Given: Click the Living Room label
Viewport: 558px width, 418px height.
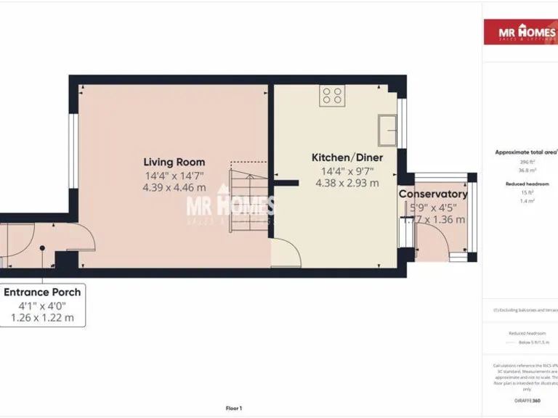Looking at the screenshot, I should pyautogui.click(x=174, y=162).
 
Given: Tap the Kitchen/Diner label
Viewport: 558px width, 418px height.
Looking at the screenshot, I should pyautogui.click(x=347, y=157).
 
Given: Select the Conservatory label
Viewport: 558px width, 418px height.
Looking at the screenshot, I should pyautogui.click(x=432, y=194).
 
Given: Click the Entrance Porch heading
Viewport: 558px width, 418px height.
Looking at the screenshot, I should pyautogui.click(x=42, y=292).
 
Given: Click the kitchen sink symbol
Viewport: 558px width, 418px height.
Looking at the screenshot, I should pyautogui.click(x=387, y=130).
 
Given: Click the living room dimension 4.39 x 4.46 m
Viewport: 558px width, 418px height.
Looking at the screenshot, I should pyautogui.click(x=174, y=187).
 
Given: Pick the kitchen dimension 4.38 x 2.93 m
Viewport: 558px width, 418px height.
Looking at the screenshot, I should pyautogui.click(x=347, y=183).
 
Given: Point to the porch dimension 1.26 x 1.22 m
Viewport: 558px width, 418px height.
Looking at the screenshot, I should pyautogui.click(x=42, y=317).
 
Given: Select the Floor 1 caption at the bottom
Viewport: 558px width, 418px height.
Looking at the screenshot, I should pyautogui.click(x=234, y=409).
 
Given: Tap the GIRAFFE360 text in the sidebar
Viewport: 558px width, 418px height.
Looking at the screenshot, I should pyautogui.click(x=527, y=401).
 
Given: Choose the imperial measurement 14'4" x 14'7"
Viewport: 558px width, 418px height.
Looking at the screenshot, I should pyautogui.click(x=174, y=175).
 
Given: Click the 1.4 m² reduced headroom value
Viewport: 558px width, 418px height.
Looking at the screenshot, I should pyautogui.click(x=527, y=200).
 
